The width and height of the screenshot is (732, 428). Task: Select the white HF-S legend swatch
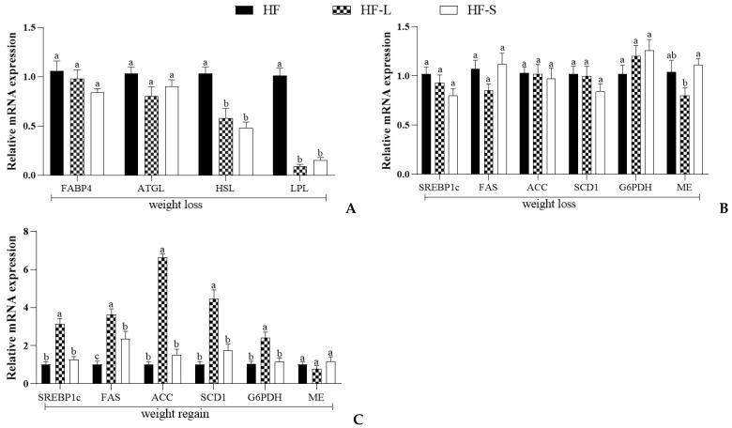pos(460,11)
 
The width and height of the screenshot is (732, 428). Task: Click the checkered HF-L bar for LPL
pos(299,170)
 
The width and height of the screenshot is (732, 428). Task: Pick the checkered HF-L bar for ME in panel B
pos(693,134)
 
